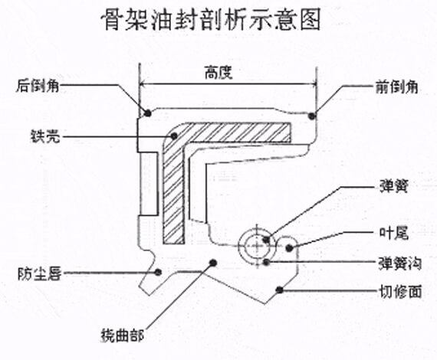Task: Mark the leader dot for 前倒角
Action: [x=312, y=116]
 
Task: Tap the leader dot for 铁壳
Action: [x=175, y=136]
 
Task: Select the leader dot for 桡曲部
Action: [x=212, y=263]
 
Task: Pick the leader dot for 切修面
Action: [x=282, y=290]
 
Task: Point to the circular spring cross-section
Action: [x=256, y=244]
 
